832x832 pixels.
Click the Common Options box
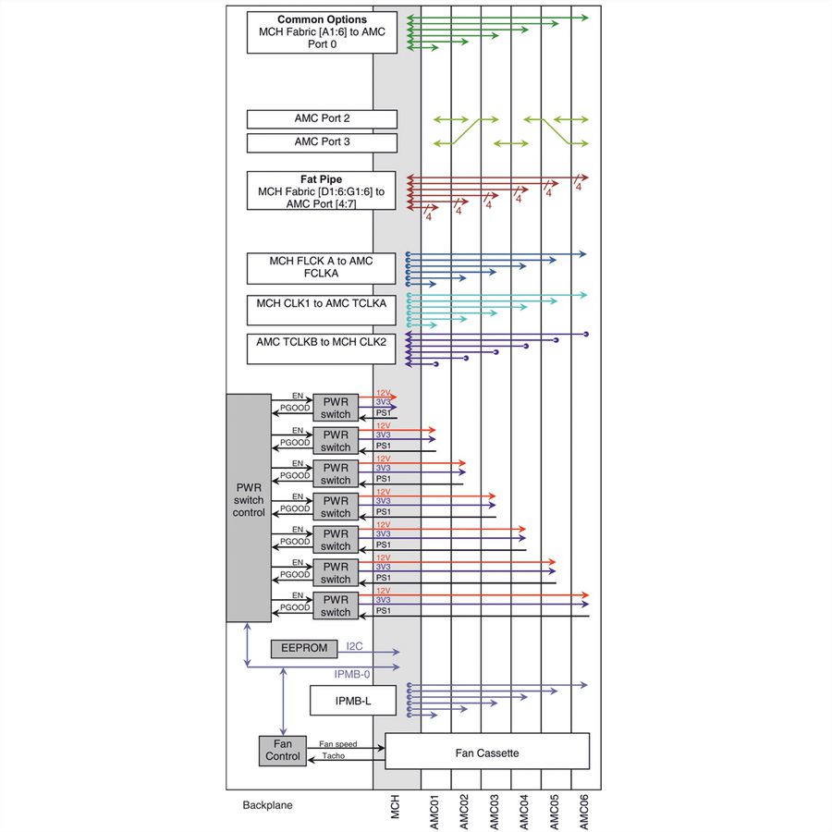(322, 32)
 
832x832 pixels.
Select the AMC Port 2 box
(322, 119)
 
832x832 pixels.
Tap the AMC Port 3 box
(322, 142)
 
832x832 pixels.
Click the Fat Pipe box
(321, 190)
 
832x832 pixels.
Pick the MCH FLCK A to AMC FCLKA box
(321, 268)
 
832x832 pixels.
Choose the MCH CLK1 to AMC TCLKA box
(321, 310)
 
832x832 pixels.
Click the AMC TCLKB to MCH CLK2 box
(321, 349)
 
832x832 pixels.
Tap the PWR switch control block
(249, 508)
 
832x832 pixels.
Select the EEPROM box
(304, 648)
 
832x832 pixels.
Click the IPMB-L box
(353, 701)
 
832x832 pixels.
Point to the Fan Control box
(283, 751)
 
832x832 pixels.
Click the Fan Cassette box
(487, 751)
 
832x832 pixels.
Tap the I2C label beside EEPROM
(354, 646)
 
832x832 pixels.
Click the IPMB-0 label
(352, 674)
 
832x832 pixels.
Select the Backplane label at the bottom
(267, 805)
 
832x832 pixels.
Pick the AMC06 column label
(583, 812)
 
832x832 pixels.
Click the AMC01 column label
(434, 812)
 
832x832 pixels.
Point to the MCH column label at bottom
(394, 806)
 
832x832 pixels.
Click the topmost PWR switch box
(336, 408)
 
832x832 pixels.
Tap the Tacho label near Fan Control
(333, 755)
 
